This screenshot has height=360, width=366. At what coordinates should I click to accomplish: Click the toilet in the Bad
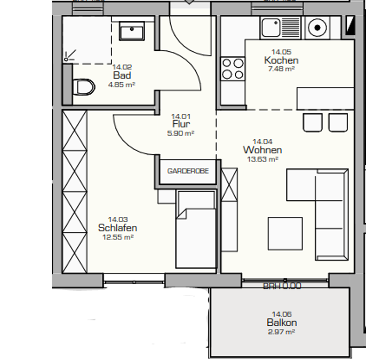[84, 87]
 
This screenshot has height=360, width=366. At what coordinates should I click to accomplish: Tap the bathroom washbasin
[132, 31]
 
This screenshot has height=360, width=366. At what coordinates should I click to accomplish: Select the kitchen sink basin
[271, 28]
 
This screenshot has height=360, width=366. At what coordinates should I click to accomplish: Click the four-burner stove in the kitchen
[233, 69]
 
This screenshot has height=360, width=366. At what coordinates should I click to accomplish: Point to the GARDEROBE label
[188, 171]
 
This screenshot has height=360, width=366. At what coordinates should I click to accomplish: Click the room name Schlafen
[117, 228]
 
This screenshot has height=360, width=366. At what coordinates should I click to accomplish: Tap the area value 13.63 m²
[262, 159]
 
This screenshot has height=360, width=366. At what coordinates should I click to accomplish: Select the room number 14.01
[181, 116]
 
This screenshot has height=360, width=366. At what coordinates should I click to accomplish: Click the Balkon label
[282, 323]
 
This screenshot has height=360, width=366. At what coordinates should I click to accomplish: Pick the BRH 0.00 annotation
[282, 286]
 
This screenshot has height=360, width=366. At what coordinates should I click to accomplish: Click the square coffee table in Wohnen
[285, 233]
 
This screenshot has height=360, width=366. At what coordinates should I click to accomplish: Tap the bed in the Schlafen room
[196, 230]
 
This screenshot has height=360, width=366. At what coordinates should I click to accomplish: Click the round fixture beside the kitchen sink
[317, 28]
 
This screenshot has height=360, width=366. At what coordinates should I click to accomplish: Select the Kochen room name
[281, 60]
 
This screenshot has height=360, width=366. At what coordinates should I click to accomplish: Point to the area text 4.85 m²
[122, 84]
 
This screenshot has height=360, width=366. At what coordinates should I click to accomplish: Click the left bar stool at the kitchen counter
[313, 123]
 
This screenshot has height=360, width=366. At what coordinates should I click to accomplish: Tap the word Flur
[181, 124]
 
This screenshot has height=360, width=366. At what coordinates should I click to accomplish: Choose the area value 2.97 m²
[282, 332]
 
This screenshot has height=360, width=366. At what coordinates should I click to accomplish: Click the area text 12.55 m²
[118, 237]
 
